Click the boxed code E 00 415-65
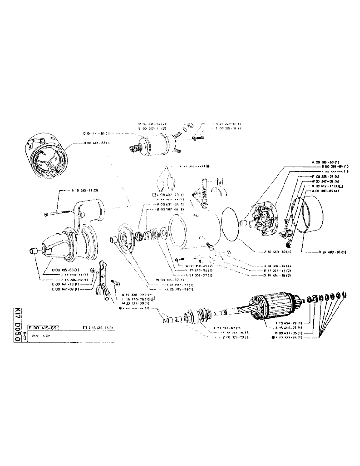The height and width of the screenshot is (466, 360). [43, 328]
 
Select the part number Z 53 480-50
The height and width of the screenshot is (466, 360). [277, 252]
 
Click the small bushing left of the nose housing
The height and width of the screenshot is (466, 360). [33, 252]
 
